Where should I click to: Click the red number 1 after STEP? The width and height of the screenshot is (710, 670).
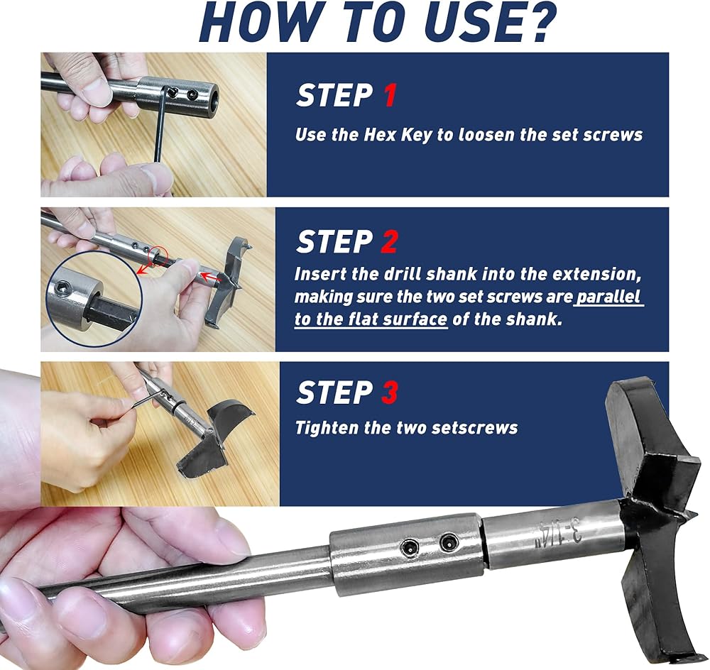point(390,95)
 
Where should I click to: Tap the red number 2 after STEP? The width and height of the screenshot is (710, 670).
point(389,241)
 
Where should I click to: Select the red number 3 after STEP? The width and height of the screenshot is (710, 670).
point(390,392)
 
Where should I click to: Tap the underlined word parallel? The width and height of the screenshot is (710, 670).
point(609,297)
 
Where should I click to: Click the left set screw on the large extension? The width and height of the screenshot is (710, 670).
point(410,548)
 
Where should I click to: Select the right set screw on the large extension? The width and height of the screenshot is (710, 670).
point(449,541)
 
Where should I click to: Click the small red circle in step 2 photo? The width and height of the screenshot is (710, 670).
point(158,256)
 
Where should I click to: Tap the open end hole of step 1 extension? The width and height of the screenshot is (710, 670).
point(213,96)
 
